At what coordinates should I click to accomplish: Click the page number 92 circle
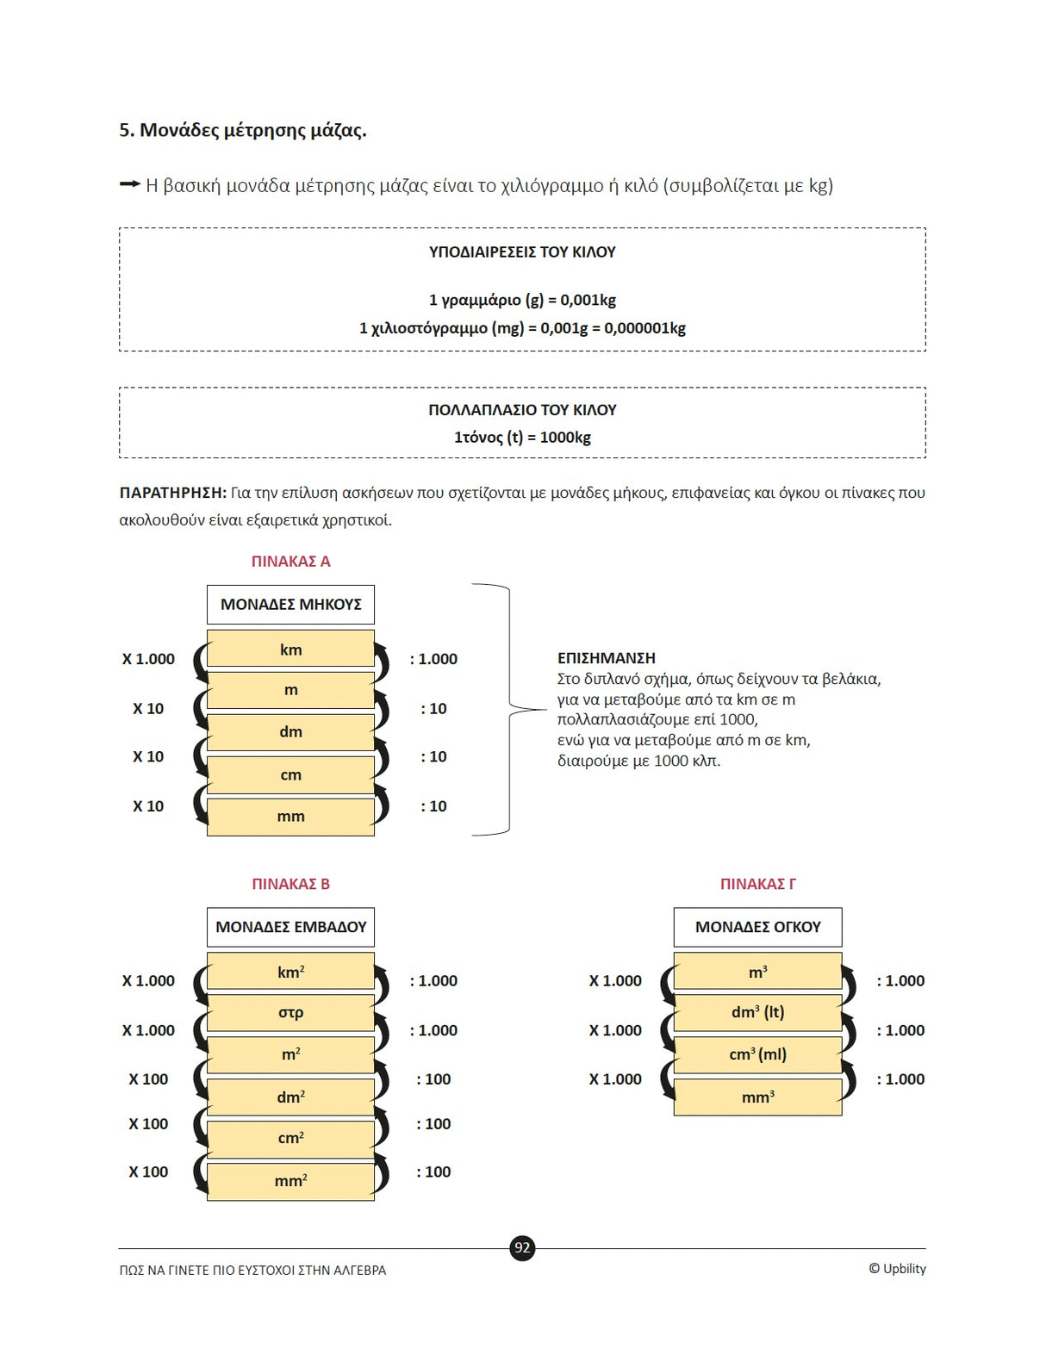click(522, 1247)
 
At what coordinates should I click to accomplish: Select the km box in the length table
click(290, 650)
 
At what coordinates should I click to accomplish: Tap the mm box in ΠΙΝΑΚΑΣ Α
click(290, 817)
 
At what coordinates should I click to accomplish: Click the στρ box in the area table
click(290, 1013)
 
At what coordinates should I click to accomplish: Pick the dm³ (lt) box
click(757, 1013)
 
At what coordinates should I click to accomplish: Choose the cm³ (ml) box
click(757, 1054)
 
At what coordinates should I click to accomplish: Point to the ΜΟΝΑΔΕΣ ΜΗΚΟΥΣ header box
click(290, 605)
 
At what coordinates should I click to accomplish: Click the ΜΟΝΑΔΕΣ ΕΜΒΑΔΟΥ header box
click(290, 927)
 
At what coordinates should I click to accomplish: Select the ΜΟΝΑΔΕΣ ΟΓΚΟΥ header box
click(757, 927)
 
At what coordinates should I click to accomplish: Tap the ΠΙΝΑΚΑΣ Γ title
click(757, 884)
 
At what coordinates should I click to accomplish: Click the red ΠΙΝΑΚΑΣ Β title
click(290, 884)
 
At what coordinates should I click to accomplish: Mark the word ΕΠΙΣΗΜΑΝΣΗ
click(606, 658)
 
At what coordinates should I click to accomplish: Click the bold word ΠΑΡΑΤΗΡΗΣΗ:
click(172, 493)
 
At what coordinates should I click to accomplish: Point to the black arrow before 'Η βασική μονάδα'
click(129, 184)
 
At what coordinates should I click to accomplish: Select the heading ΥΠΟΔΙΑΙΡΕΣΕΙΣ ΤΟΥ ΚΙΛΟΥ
click(522, 252)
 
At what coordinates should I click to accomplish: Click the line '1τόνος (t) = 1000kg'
click(522, 438)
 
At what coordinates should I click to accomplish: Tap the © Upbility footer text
click(897, 1269)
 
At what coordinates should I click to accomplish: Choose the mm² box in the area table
click(290, 1181)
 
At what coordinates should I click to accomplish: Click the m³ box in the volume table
click(757, 972)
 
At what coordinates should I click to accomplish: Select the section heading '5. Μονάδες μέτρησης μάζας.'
click(242, 130)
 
